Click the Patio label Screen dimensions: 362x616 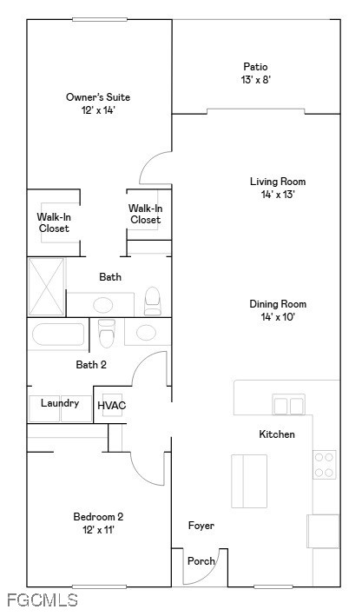click(x=255, y=67)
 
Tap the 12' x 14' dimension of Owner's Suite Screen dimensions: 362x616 click(x=98, y=110)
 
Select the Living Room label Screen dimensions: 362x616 click(x=278, y=182)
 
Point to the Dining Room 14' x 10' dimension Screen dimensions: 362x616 click(x=278, y=316)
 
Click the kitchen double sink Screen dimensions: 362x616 click(x=289, y=405)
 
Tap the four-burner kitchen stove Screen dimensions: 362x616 click(x=325, y=464)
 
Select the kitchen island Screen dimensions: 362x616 click(x=249, y=480)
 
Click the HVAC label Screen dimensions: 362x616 click(x=112, y=406)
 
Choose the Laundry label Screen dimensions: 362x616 click(x=60, y=403)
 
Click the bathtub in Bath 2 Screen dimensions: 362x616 click(x=58, y=334)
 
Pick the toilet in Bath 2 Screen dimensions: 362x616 click(x=107, y=333)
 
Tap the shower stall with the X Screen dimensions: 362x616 click(x=46, y=287)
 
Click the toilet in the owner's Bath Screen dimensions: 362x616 click(x=152, y=301)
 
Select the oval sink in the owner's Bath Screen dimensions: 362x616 click(x=102, y=305)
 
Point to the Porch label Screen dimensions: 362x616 click(x=201, y=561)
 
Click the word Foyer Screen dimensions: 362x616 click(x=201, y=526)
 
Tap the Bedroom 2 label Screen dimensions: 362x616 click(x=98, y=517)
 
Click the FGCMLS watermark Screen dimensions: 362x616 click(x=43, y=600)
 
